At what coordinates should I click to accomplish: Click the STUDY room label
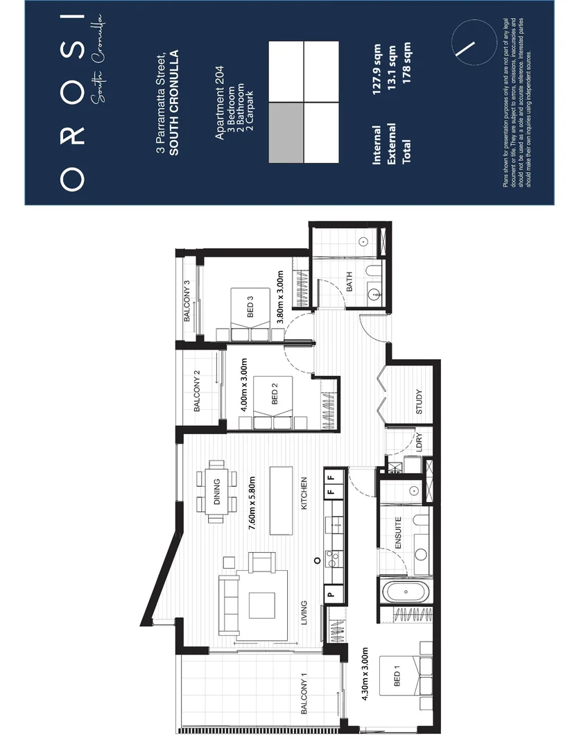tap(419, 402)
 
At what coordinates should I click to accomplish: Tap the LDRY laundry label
tap(420, 442)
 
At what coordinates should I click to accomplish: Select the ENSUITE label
tap(399, 533)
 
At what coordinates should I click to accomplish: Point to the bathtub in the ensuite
tap(406, 592)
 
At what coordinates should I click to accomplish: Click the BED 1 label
tap(397, 679)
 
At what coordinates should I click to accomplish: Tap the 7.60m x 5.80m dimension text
tap(252, 503)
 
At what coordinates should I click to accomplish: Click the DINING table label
tap(216, 492)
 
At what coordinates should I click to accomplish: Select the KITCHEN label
tap(304, 493)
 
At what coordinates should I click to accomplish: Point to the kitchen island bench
tap(282, 501)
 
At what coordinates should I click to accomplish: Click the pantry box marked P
tap(331, 595)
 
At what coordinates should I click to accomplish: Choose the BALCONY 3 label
tap(187, 300)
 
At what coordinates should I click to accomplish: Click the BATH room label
tap(349, 282)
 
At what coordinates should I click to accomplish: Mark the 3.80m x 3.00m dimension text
tap(280, 297)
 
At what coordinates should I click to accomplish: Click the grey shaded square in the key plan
tap(286, 132)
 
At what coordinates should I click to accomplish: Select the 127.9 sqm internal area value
tap(377, 69)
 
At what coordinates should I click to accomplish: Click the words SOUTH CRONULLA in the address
tap(174, 103)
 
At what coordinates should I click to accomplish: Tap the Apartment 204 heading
tap(219, 103)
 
